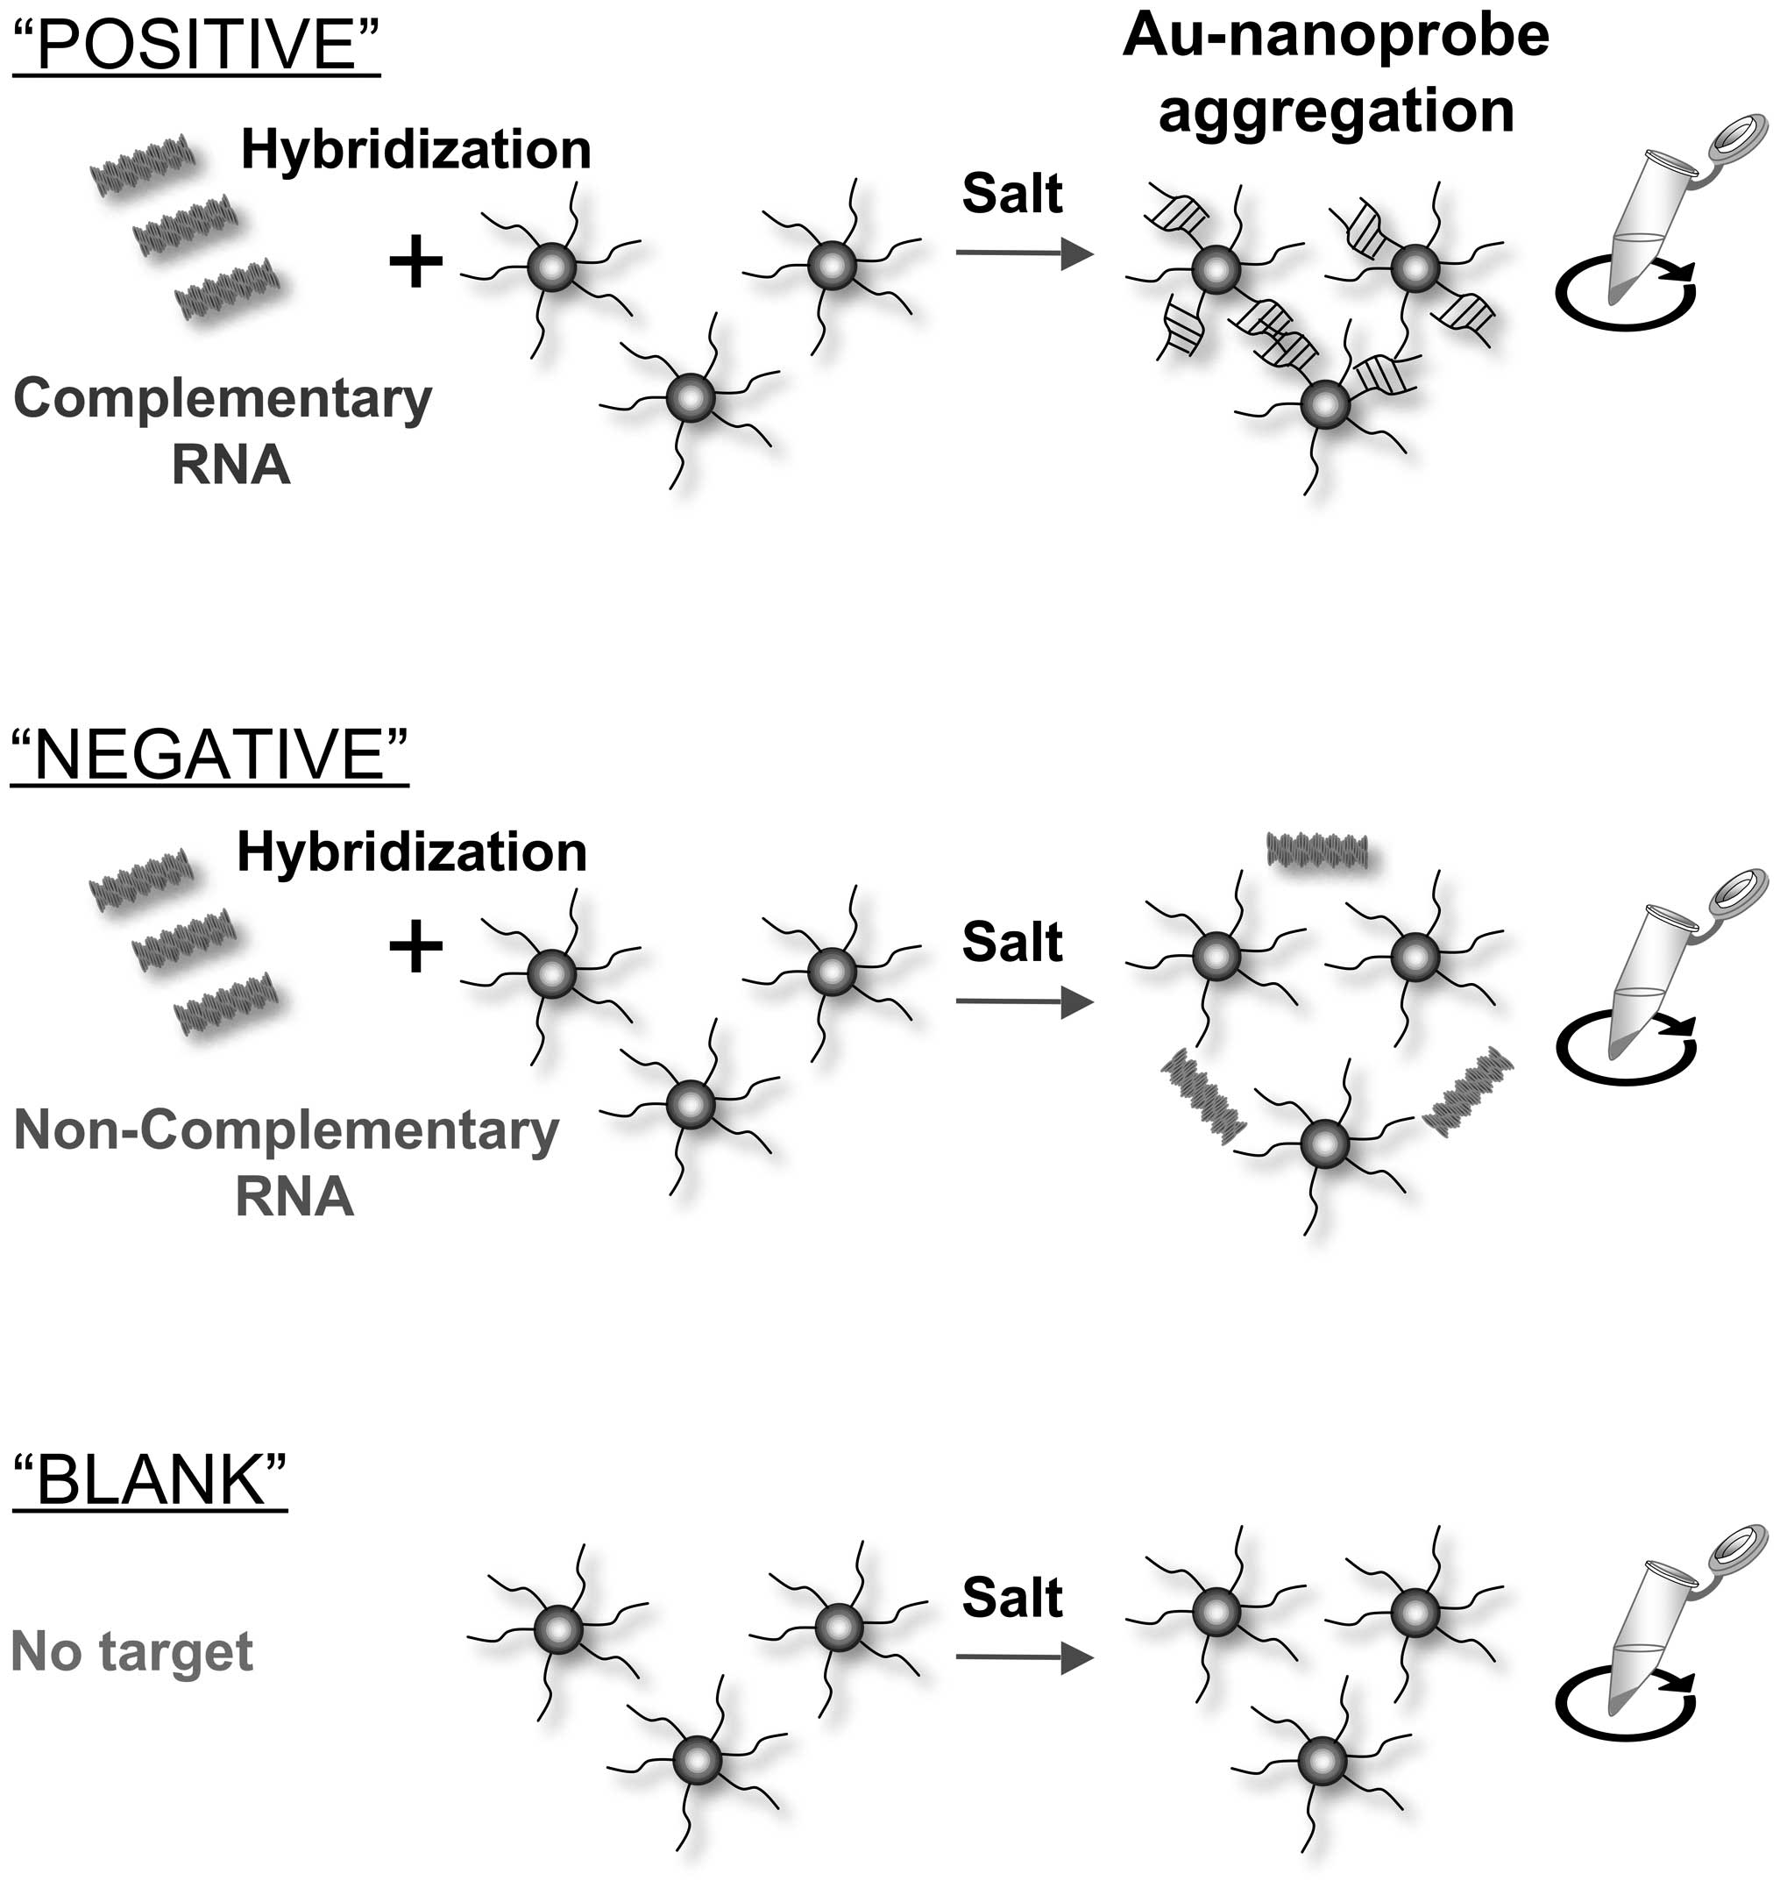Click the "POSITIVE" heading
click(x=195, y=45)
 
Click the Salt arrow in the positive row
click(x=1024, y=253)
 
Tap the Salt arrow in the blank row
click(x=1024, y=1657)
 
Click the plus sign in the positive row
click(x=415, y=262)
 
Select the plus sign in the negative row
click(x=415, y=947)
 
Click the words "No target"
click(x=132, y=1651)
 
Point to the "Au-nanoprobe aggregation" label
click(x=1336, y=73)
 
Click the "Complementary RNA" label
click(x=223, y=431)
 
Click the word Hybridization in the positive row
click(x=415, y=150)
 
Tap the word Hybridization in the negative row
click(x=412, y=851)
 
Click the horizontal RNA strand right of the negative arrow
click(x=1316, y=850)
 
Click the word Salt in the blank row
click(x=1012, y=1598)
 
